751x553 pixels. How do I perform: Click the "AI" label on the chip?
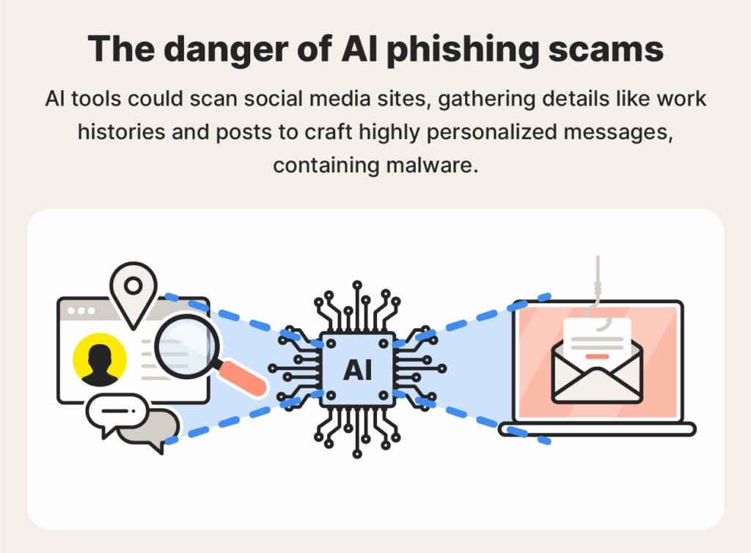tap(357, 371)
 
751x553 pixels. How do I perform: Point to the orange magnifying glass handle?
tap(243, 375)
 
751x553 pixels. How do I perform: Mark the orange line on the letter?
tap(597, 355)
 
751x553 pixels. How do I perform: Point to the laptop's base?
tap(596, 429)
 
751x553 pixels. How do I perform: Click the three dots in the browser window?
tap(77, 311)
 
